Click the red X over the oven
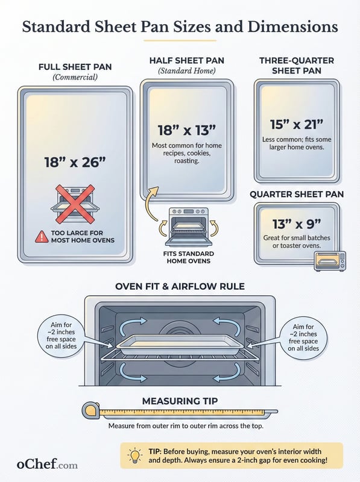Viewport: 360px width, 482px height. point(75,204)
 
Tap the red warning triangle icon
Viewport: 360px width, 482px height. point(42,237)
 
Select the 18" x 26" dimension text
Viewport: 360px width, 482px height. point(75,162)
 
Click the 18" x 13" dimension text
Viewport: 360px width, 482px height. point(187,130)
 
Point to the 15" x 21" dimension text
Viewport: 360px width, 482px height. point(297,125)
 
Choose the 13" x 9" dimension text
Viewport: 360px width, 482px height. point(297,224)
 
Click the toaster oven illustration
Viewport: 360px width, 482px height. point(329,261)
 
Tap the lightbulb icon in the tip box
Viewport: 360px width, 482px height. point(134,455)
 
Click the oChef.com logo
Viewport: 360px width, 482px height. point(47,464)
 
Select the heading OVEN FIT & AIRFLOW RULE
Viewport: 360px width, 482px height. point(180,287)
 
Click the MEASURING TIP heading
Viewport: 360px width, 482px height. point(180,401)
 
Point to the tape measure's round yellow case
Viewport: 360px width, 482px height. point(92,411)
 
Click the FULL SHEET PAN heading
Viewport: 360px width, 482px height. point(75,67)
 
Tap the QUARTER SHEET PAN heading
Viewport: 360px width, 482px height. point(297,194)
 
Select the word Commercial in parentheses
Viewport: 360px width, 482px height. point(75,77)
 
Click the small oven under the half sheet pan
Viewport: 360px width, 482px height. point(188,227)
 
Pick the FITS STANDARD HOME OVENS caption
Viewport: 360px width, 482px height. point(188,257)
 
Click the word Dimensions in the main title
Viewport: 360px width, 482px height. point(292,27)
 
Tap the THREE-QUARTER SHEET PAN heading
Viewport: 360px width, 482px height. point(297,66)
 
